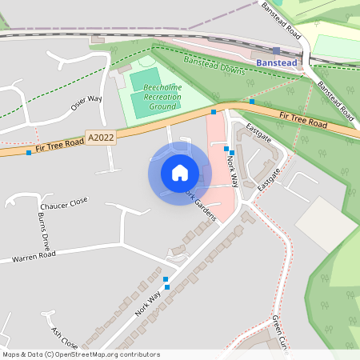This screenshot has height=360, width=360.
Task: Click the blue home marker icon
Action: tap(180, 173)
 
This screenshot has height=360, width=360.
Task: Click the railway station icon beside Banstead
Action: tap(276, 50)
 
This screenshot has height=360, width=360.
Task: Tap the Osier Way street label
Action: tap(86, 108)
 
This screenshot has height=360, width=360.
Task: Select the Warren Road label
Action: tap(34, 258)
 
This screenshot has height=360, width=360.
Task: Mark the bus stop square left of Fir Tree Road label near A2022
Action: tap(29, 152)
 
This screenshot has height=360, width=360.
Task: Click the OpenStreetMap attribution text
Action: tap(81, 354)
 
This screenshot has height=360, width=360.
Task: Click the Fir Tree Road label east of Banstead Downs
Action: tap(303, 121)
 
